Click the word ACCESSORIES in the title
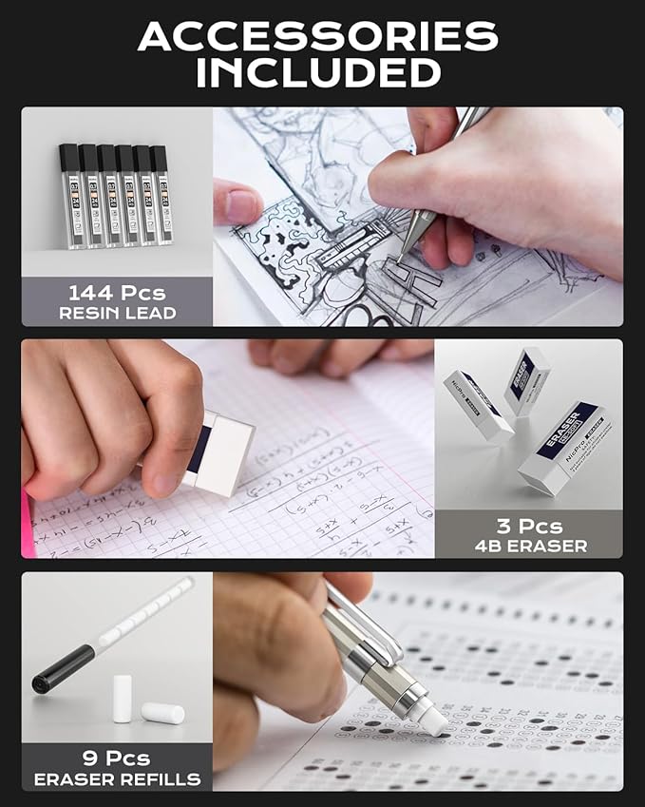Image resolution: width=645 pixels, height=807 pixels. (x=317, y=36)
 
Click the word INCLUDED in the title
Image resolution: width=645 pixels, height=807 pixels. (x=318, y=72)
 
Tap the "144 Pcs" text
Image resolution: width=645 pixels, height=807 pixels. (x=116, y=292)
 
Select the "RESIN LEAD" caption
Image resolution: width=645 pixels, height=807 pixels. (x=116, y=313)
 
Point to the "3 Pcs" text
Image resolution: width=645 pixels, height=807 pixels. (x=528, y=526)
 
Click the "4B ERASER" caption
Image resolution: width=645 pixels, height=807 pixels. (x=528, y=547)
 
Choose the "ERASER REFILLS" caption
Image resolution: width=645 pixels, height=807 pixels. (x=117, y=779)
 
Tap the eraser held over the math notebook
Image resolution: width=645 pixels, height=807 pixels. (x=216, y=452)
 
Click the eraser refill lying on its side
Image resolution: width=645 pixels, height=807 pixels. (x=162, y=712)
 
